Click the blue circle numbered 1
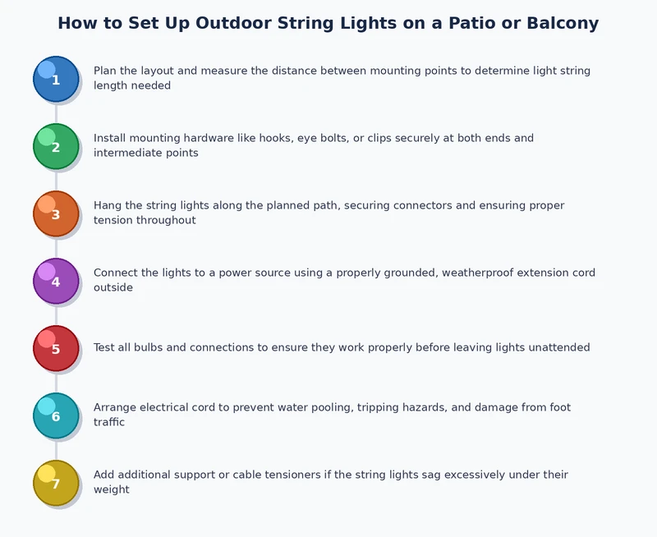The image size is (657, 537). click(x=56, y=79)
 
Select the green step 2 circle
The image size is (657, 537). click(x=56, y=146)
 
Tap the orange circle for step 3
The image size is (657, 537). click(x=56, y=213)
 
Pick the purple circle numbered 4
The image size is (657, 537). click(x=56, y=281)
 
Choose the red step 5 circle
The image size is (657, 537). click(x=56, y=348)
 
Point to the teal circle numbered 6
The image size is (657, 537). click(x=56, y=415)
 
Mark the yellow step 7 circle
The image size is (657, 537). click(x=56, y=483)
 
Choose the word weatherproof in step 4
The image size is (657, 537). click(x=480, y=273)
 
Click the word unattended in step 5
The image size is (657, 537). click(x=559, y=348)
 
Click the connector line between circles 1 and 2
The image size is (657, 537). click(x=56, y=112)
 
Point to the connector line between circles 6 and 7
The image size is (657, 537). click(x=56, y=449)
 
